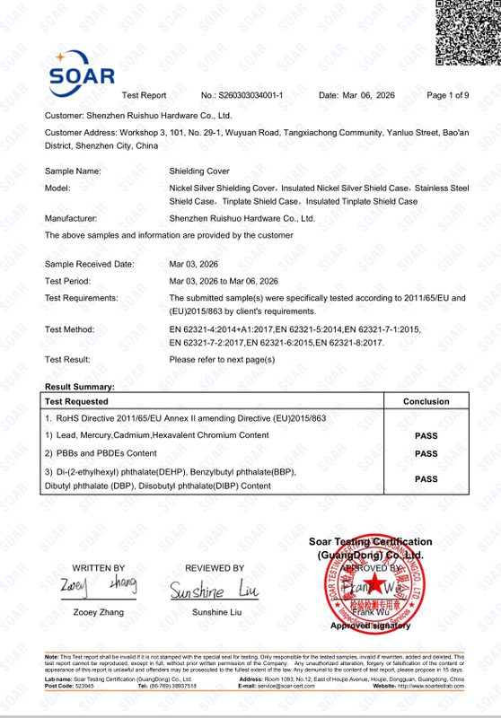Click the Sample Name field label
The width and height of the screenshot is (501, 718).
coord(73,171)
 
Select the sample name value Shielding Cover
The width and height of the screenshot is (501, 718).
coord(199,171)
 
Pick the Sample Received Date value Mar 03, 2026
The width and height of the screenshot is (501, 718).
coord(199,264)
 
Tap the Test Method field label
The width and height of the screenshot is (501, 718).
coord(70,329)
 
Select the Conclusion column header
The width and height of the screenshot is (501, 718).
coord(426,402)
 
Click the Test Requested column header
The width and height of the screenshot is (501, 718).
coord(76,402)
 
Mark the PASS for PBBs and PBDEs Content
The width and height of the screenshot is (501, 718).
coord(426,454)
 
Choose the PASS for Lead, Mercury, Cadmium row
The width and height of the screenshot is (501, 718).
coord(426,435)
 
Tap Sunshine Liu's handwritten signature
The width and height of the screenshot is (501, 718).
coord(214,589)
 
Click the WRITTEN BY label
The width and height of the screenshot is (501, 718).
coord(99,568)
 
